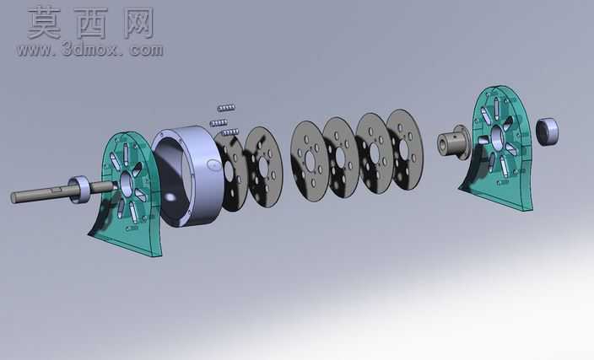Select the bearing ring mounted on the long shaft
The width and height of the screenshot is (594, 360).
(x=80, y=189)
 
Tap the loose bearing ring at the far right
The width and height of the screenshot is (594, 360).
(x=547, y=131)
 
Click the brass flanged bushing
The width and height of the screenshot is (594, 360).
(x=453, y=142)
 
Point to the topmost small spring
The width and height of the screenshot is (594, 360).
(x=226, y=108)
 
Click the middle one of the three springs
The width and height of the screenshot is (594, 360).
(x=219, y=123)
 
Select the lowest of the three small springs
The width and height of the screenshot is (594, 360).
(x=230, y=132)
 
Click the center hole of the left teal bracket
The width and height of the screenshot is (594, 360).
(x=127, y=185)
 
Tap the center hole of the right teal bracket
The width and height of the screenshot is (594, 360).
(x=497, y=137)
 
